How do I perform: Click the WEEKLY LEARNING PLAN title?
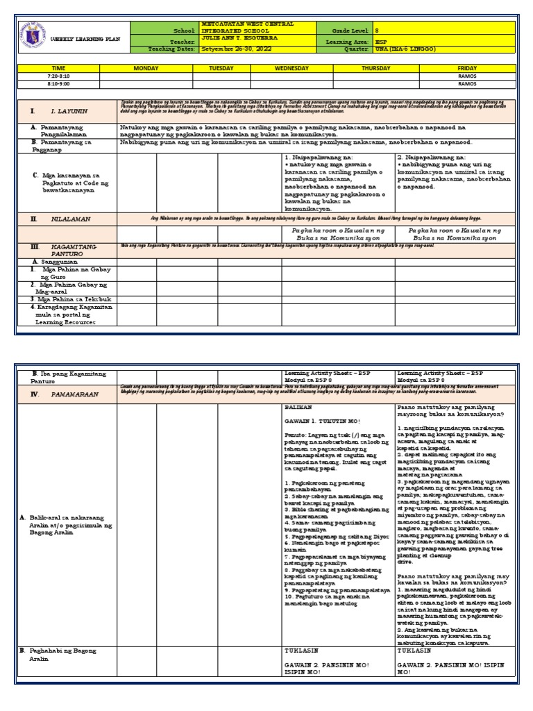(x=85, y=40)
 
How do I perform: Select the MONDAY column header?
(x=146, y=69)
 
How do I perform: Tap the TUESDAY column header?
(x=221, y=69)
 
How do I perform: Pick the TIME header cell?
(x=58, y=69)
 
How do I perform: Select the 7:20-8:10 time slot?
(x=58, y=76)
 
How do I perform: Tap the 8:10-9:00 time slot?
(x=58, y=84)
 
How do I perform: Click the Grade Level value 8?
(x=378, y=31)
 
